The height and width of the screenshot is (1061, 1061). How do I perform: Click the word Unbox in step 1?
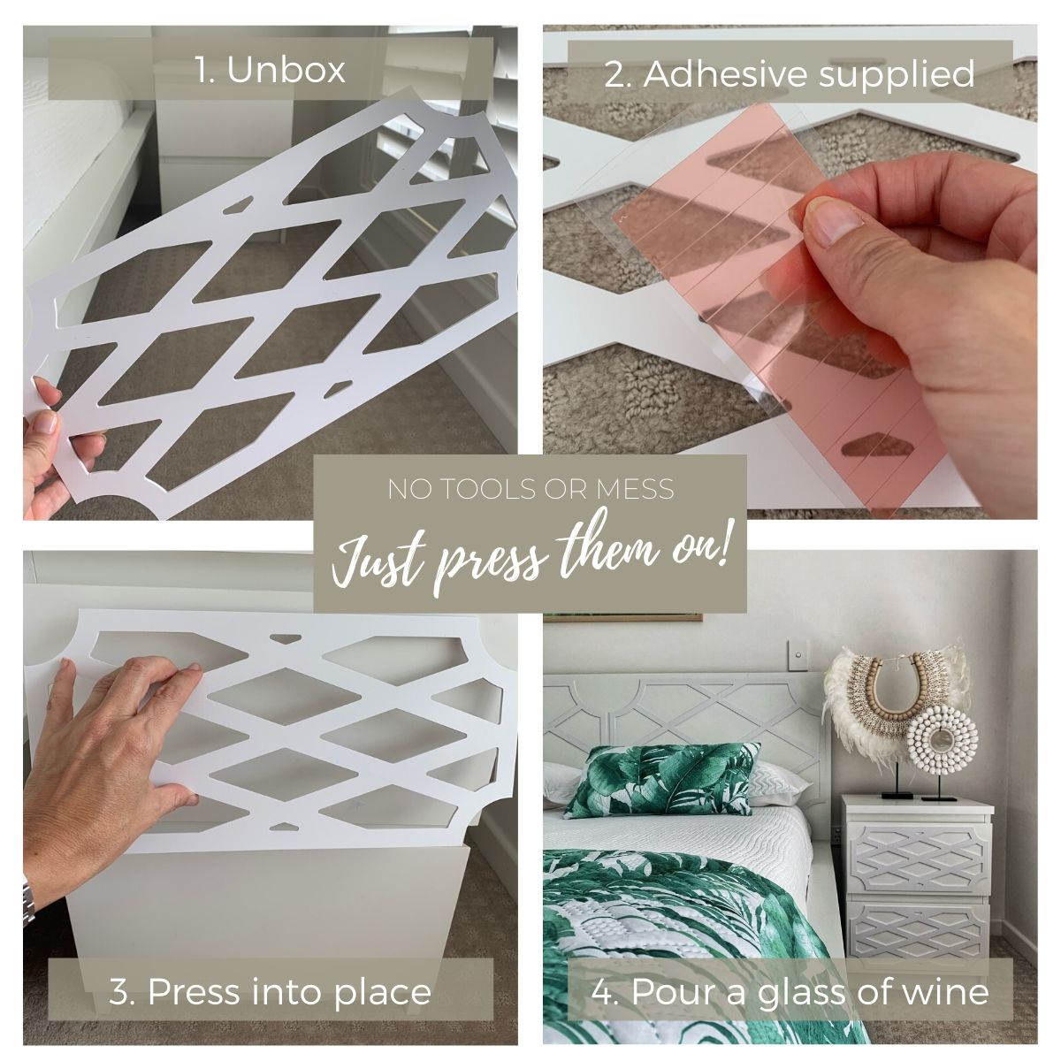pos(286,70)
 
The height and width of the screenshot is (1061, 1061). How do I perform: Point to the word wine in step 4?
pos(948,976)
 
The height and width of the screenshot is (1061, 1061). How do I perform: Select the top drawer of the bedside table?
pos(919,854)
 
